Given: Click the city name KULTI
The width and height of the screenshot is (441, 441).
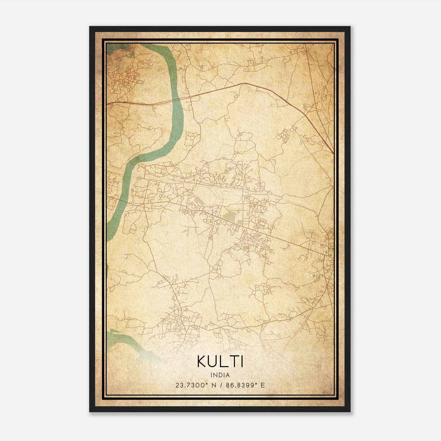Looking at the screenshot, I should [x=220, y=362].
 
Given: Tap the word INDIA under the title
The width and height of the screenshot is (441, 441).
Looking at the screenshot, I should [x=220, y=375].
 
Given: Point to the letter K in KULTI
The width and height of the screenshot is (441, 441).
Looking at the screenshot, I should [x=201, y=362].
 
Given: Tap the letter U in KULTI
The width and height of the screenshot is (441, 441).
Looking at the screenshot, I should [x=214, y=362].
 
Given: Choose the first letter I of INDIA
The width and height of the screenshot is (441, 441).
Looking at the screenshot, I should [x=211, y=375].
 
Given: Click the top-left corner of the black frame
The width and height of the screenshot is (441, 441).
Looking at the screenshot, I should [x=90, y=27].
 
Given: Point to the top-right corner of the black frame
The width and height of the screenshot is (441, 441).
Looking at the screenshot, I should [x=350, y=27].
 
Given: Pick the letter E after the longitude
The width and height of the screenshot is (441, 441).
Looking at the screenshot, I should [x=263, y=385].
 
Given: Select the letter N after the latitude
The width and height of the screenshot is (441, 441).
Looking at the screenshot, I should [x=214, y=385].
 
